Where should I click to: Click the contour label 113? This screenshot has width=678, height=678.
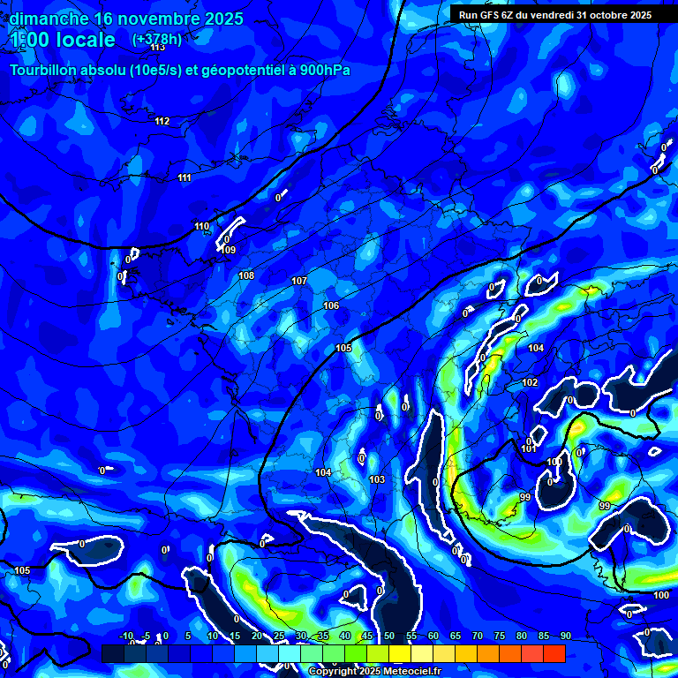(x=158, y=48)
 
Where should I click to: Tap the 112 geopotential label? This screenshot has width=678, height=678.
(x=162, y=121)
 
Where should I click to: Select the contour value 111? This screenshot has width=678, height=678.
(x=184, y=177)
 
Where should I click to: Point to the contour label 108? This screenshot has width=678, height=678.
(x=246, y=275)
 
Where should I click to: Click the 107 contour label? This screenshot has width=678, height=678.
(x=299, y=281)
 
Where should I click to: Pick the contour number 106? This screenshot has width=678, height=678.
(x=331, y=305)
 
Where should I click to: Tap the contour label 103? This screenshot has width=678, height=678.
(x=377, y=479)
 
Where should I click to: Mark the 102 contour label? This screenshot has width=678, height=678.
(x=530, y=382)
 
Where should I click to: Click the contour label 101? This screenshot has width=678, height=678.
(x=529, y=449)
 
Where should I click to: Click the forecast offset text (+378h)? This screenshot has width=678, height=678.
(x=157, y=39)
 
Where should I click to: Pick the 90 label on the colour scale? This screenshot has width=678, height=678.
(x=565, y=636)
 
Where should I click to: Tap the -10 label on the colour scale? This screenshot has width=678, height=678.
(x=125, y=636)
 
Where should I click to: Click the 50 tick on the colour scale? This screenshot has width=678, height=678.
(x=389, y=636)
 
